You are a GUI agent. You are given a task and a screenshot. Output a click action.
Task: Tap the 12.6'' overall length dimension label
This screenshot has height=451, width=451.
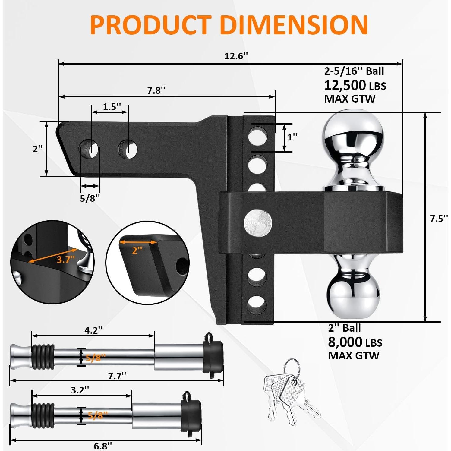(236, 56)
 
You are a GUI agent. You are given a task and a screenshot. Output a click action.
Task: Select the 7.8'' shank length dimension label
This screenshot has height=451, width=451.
(156, 90)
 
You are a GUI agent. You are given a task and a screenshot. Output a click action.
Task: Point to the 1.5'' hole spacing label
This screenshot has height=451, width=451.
(112, 106)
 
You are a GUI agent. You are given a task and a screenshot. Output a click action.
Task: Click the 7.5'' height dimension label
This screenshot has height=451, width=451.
(439, 219)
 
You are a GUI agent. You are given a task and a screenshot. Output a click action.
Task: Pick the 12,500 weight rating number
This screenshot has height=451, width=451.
(345, 85)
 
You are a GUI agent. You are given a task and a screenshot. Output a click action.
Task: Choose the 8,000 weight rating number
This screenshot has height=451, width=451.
(345, 342)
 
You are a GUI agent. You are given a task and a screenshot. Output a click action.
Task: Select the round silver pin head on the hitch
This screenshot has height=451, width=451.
(258, 223)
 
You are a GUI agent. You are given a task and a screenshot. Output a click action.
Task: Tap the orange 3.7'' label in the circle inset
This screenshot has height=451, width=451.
(65, 259)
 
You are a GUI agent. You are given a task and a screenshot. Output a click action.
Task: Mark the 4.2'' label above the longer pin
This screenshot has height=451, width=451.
(93, 330)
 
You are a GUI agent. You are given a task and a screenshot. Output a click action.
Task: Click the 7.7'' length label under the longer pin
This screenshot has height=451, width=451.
(117, 376)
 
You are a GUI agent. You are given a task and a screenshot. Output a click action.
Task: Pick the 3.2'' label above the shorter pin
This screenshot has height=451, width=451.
(80, 390)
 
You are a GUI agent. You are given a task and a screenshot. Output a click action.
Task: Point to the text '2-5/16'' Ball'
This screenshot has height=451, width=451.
(354, 71)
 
